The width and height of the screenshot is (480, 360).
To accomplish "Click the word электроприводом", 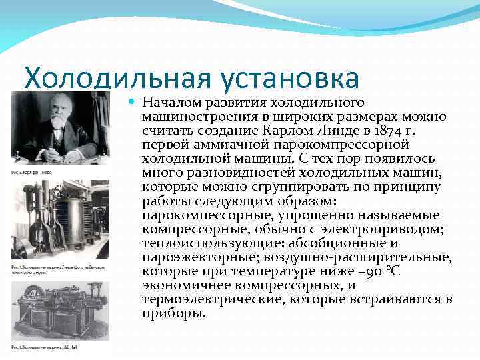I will (x=389, y=229).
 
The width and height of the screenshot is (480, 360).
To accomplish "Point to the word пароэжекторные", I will (x=190, y=257).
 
